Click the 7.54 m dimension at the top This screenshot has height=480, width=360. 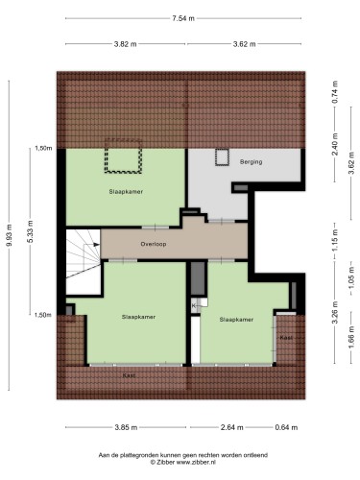(183, 18)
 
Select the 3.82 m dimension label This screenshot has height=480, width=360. (125, 44)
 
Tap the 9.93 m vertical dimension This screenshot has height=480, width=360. (10, 234)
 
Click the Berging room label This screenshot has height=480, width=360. (252, 162)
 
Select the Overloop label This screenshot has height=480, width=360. (154, 244)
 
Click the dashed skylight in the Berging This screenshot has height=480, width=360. (222, 157)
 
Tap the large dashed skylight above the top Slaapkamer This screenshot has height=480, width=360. (124, 156)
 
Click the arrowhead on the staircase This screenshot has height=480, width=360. (96, 245)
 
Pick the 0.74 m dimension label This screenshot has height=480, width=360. (335, 92)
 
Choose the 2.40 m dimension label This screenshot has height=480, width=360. (335, 148)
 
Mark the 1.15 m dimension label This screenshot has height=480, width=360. (335, 241)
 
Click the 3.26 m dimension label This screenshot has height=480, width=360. (335, 313)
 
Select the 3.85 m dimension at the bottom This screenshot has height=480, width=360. (126, 427)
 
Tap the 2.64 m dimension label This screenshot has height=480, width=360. (232, 427)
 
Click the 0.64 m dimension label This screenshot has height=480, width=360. (286, 427)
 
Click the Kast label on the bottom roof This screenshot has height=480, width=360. (129, 375)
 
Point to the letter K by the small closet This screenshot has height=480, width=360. (194, 306)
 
